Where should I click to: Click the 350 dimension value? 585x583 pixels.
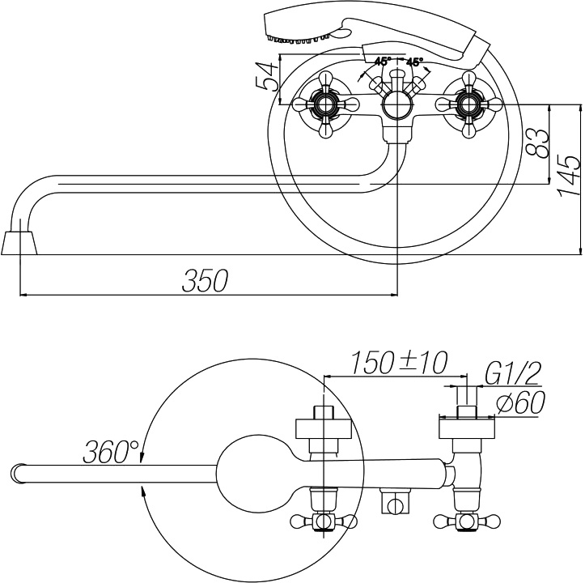click(x=205, y=280)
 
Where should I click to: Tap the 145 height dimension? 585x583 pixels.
click(x=569, y=174)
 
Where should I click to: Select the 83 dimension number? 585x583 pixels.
click(x=537, y=143)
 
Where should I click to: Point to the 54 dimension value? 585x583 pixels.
click(x=267, y=77)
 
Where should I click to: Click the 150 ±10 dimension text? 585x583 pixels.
click(x=399, y=363)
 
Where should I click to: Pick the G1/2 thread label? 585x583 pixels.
click(x=513, y=372)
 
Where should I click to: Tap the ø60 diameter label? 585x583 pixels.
click(x=521, y=402)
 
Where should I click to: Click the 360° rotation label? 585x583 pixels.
click(x=111, y=451)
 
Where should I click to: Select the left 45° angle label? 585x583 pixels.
click(x=383, y=62)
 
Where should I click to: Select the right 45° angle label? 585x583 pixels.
click(x=414, y=62)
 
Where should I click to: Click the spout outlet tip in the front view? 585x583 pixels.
click(x=19, y=243)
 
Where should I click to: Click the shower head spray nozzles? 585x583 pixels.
click(x=298, y=39)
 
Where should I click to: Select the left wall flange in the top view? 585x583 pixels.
click(x=324, y=428)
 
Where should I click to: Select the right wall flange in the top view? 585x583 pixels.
click(x=467, y=428)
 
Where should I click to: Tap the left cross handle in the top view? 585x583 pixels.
click(x=324, y=521)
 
